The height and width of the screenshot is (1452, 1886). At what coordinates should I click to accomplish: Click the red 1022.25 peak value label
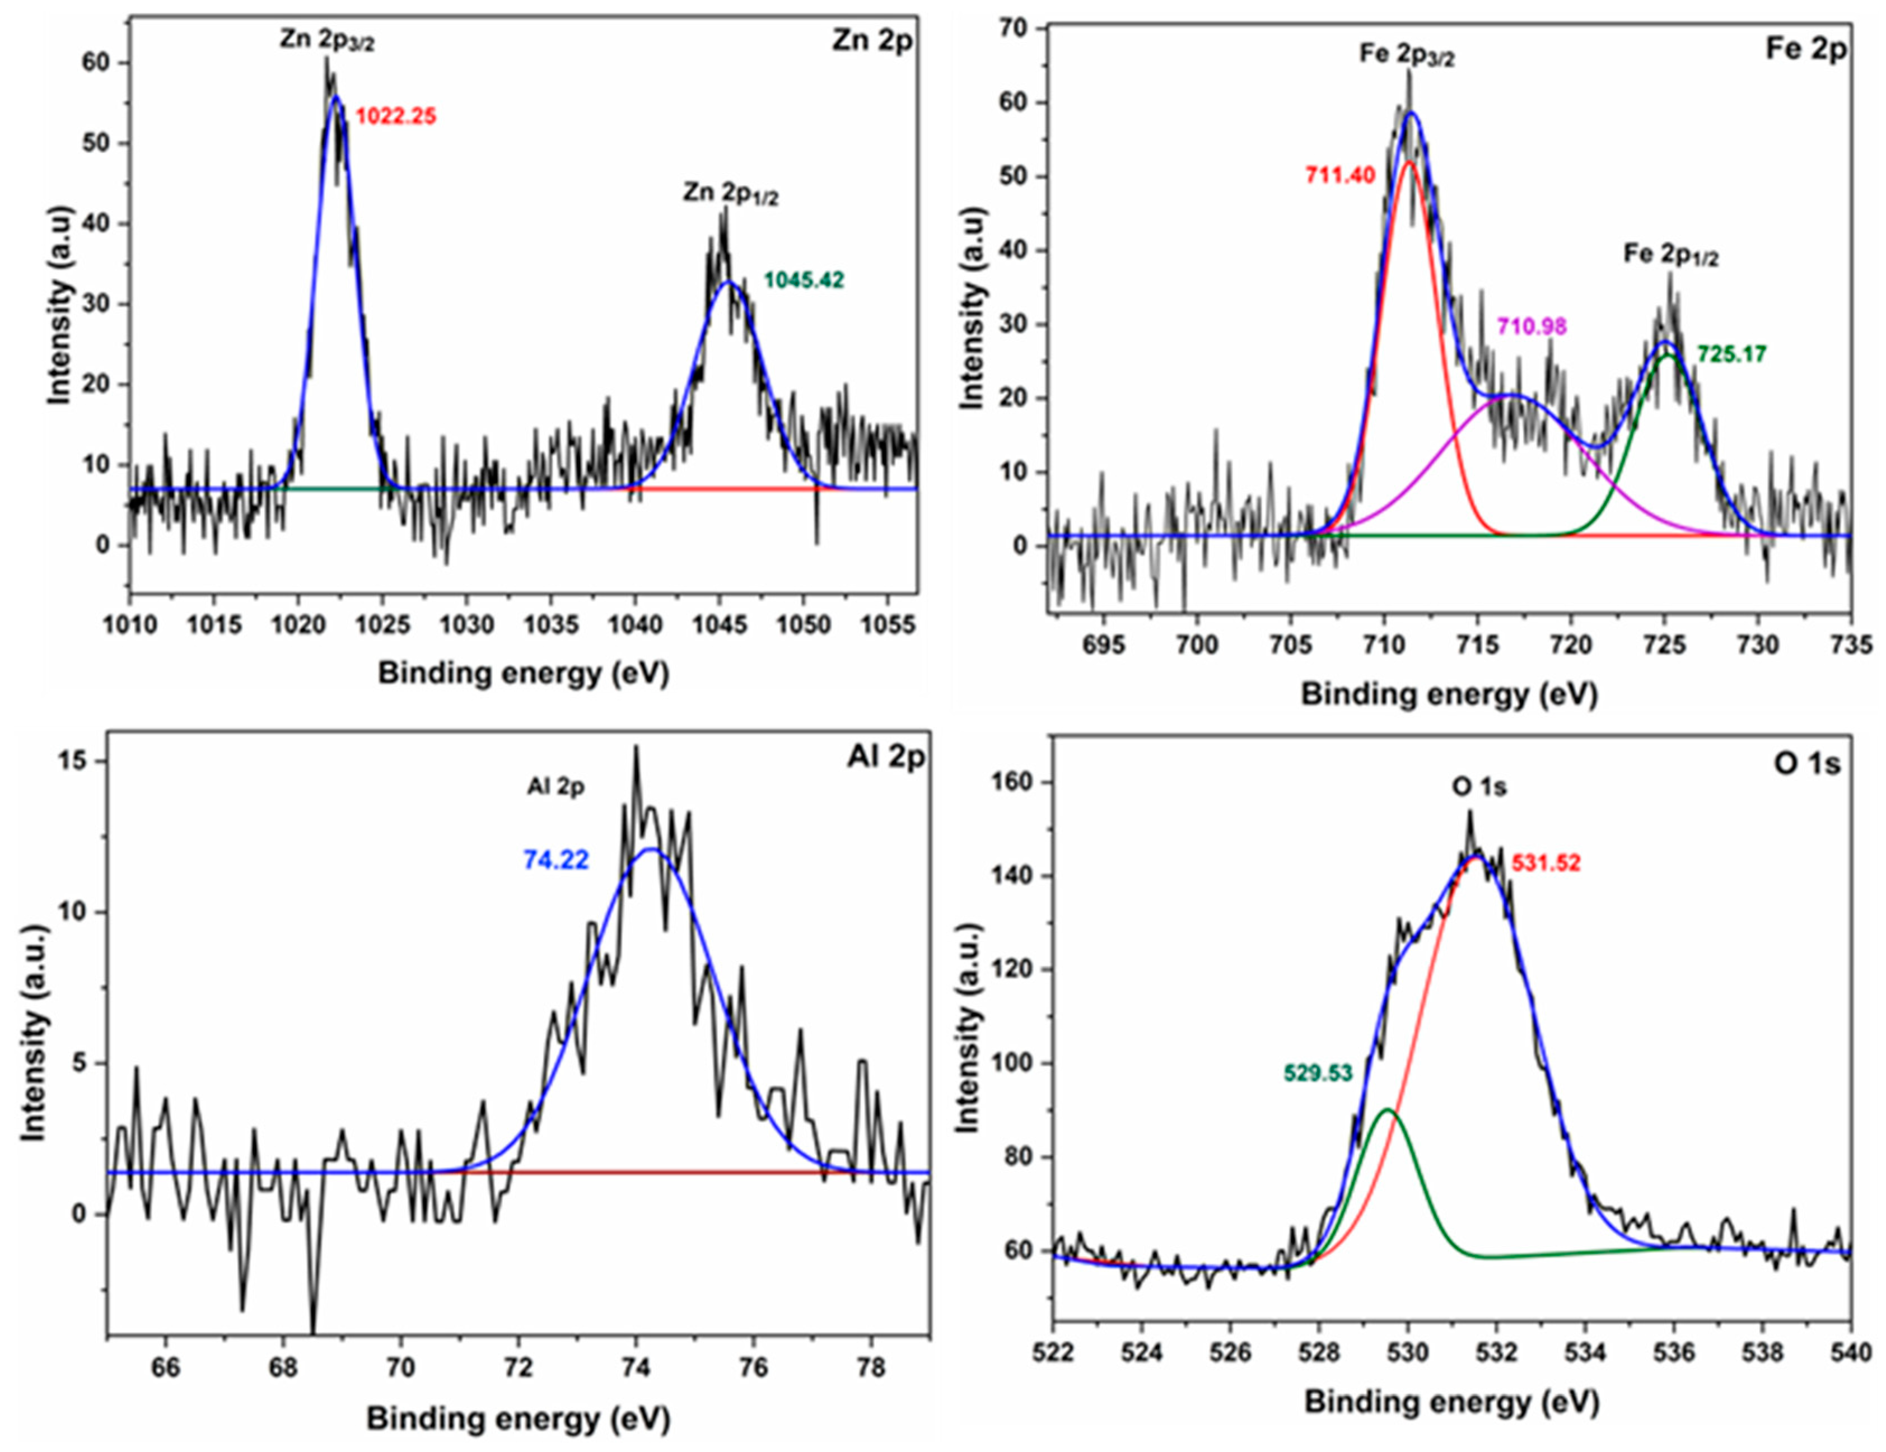click(x=396, y=116)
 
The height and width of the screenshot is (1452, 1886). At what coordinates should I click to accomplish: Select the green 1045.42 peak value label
click(x=803, y=280)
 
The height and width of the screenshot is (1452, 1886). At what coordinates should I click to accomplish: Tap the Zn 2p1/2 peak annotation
click(x=731, y=194)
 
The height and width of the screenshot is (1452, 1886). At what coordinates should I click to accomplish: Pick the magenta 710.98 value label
click(x=1531, y=326)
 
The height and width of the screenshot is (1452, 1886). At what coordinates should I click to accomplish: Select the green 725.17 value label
click(x=1731, y=354)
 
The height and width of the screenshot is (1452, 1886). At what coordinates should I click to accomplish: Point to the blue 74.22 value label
click(x=556, y=860)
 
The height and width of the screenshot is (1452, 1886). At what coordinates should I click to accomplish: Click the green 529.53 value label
click(x=1317, y=1073)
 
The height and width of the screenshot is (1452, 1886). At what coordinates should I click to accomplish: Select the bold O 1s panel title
click(x=1806, y=764)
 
